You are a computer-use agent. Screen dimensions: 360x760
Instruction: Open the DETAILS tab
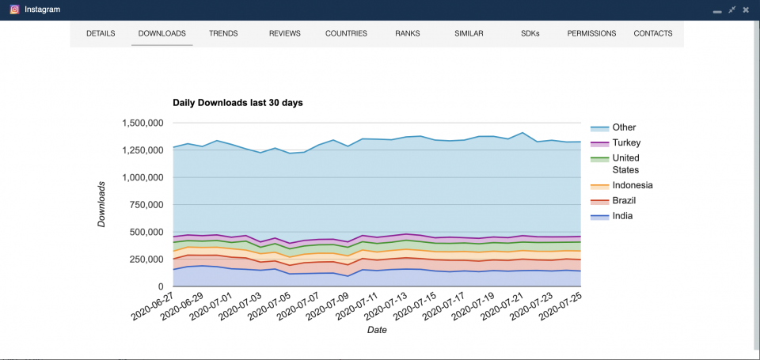[101, 33]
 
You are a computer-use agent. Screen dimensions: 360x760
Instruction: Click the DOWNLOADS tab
[161, 33]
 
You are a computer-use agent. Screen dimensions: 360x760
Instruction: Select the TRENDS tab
[223, 33]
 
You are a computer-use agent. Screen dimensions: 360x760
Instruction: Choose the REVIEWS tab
[285, 33]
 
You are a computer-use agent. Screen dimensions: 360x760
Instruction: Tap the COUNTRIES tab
[346, 33]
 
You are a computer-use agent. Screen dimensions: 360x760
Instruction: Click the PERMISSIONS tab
[591, 33]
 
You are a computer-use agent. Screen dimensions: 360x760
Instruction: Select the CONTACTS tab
[653, 33]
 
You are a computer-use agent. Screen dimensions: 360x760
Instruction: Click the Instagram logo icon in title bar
[14, 9]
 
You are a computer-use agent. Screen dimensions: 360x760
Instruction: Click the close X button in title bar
[746, 9]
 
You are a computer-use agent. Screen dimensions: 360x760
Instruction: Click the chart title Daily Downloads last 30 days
[237, 103]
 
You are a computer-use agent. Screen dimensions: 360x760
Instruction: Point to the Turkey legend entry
[626, 142]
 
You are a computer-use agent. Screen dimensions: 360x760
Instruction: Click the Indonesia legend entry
[633, 185]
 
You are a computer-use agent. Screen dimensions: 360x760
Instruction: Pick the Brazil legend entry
[623, 201]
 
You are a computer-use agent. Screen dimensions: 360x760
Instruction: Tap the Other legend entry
[624, 127]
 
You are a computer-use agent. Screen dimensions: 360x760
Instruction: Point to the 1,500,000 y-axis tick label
[142, 123]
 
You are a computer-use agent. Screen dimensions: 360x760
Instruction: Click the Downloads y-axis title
[101, 204]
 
